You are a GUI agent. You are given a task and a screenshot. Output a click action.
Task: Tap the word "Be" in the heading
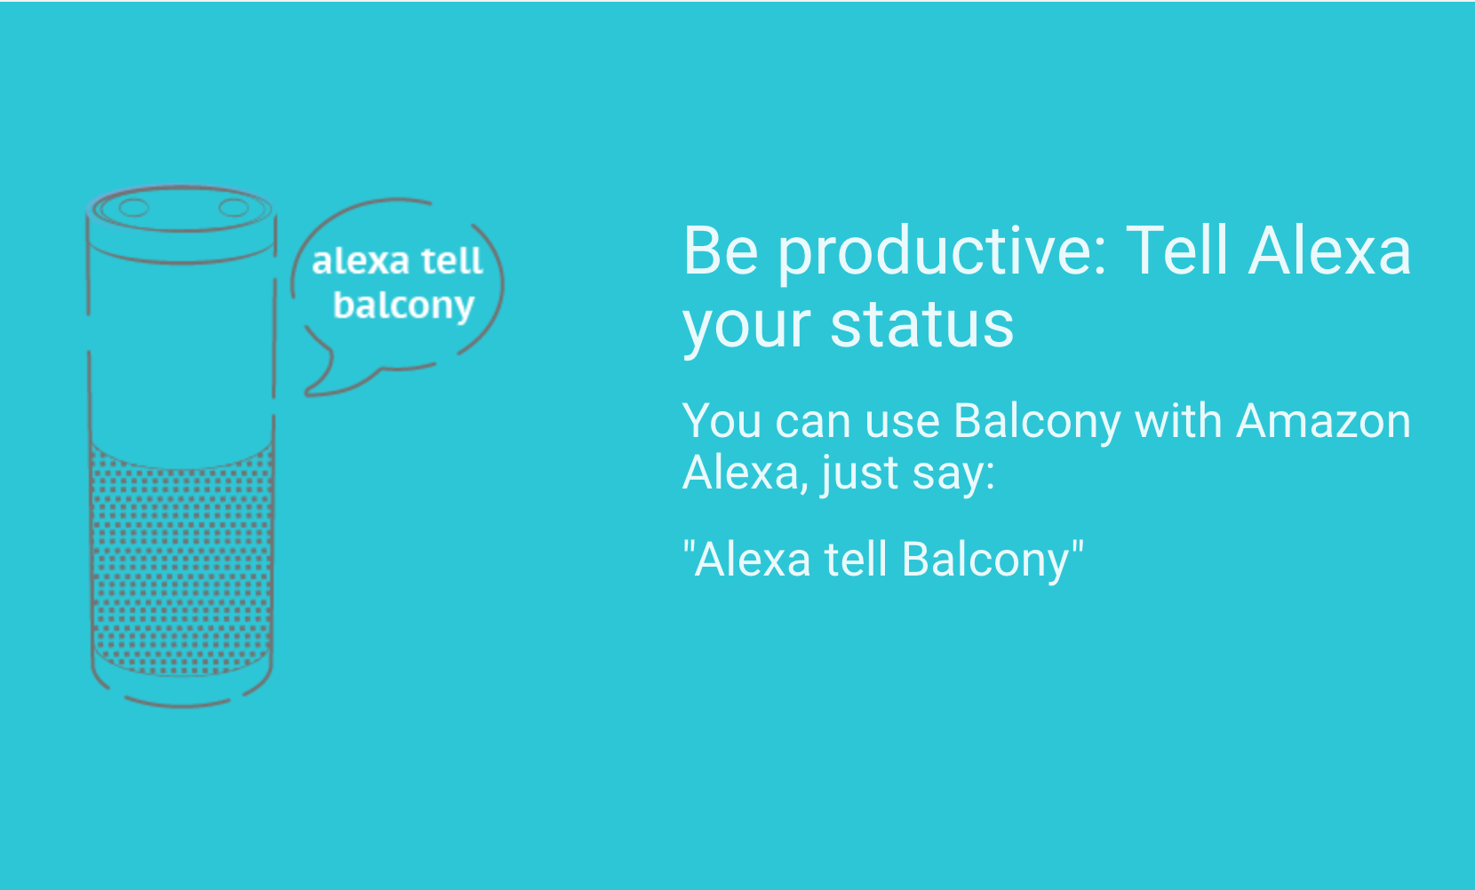point(721,250)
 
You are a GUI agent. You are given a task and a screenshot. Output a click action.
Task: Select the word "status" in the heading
point(922,324)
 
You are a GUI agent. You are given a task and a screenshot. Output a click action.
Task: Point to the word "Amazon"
point(1323,421)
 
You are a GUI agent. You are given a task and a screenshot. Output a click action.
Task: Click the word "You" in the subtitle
point(722,421)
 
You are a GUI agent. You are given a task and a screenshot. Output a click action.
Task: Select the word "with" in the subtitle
point(1179,420)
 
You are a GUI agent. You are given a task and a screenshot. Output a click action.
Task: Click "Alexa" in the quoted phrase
point(753,560)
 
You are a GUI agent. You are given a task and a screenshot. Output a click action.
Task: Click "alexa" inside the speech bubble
point(360,262)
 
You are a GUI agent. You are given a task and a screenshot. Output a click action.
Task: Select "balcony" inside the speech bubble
point(403,306)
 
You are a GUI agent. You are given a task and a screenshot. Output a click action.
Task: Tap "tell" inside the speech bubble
point(451,260)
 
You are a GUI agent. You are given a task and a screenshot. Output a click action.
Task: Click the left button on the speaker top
point(133,208)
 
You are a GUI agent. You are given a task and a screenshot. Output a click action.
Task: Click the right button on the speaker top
point(233,208)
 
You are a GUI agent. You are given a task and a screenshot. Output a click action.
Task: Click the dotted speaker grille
point(182,560)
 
